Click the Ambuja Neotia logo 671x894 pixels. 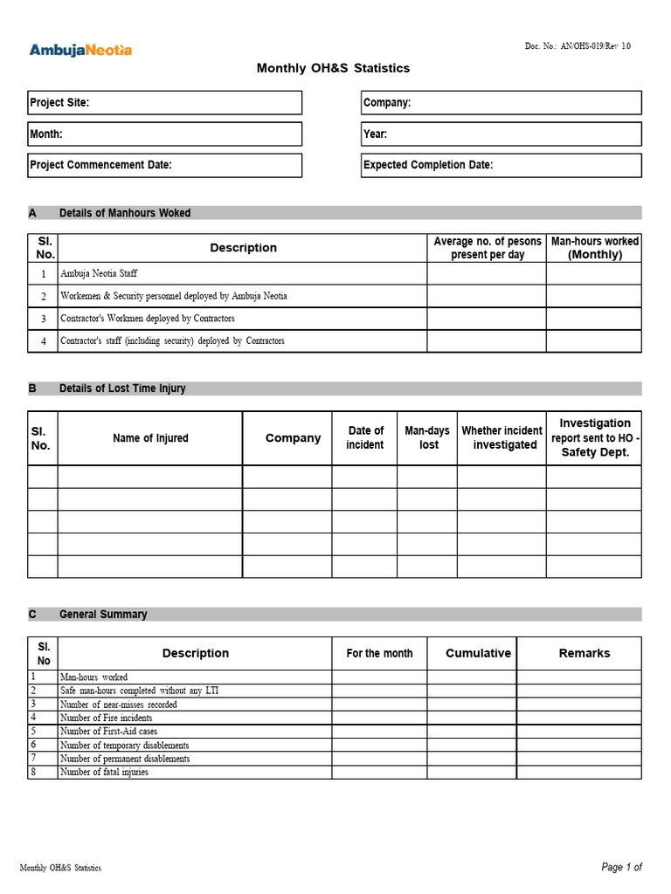(80, 50)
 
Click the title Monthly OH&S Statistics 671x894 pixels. (333, 68)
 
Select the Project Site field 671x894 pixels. (165, 103)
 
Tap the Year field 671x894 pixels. (501, 134)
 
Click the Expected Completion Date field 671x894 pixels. (501, 165)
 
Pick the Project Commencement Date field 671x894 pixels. (165, 165)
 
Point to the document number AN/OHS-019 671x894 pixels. (577, 46)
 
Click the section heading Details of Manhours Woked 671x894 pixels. (124, 213)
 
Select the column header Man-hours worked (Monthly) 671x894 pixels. (594, 248)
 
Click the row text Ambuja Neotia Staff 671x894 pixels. (99, 274)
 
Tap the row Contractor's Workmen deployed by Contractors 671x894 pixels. (147, 319)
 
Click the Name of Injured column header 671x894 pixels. (150, 438)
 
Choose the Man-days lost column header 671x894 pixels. (427, 438)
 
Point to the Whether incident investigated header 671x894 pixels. (502, 438)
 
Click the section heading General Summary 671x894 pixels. (103, 615)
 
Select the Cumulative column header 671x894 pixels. (478, 653)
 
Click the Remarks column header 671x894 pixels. (585, 653)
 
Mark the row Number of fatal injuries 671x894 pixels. (104, 772)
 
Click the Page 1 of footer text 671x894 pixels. (621, 867)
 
